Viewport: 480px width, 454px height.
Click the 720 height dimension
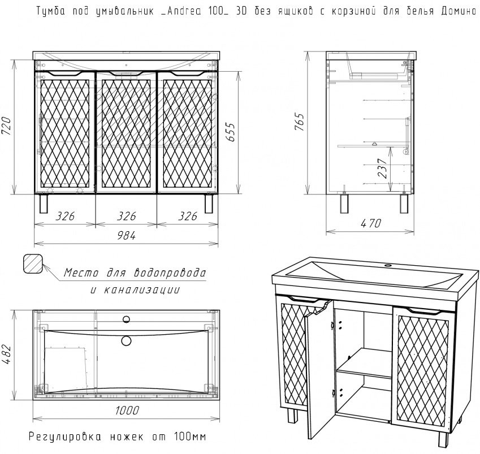pos(7,126)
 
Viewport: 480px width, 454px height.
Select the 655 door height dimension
pos(231,132)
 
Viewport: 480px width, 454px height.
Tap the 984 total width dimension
pos(126,235)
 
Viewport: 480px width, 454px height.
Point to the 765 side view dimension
pos(300,122)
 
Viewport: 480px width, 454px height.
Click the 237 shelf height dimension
pos(383,168)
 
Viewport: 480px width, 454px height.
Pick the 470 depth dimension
pos(371,223)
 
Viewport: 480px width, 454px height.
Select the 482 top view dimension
pos(7,355)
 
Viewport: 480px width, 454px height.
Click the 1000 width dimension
pos(127,410)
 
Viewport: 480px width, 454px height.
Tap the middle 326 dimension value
pos(126,216)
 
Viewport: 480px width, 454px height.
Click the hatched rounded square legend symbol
pos(33,263)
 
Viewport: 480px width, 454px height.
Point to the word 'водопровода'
pos(170,273)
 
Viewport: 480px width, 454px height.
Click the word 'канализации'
pos(142,289)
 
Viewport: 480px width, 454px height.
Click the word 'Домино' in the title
pos(459,11)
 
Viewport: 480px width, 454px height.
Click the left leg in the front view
pos(44,204)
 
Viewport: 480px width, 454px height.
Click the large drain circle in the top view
pos(126,340)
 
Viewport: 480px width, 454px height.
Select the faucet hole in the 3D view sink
pos(388,265)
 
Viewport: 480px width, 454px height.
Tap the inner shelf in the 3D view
pos(364,364)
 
